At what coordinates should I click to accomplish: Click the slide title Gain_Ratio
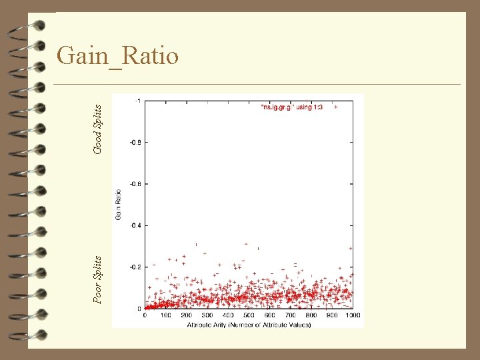[118, 56]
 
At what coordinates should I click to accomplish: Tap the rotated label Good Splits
[98, 129]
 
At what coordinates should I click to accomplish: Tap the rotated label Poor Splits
[98, 279]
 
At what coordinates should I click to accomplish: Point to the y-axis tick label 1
[138, 101]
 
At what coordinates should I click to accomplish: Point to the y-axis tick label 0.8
[135, 142]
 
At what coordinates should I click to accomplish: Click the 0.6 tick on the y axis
[135, 184]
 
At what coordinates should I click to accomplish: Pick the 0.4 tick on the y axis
[135, 225]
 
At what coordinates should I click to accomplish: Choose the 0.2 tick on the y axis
[135, 267]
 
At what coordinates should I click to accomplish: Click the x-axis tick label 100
[166, 315]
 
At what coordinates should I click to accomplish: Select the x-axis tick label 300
[207, 315]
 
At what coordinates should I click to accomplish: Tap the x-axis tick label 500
[249, 315]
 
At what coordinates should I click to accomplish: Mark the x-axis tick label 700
[291, 315]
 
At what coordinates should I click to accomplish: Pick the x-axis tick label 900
[332, 315]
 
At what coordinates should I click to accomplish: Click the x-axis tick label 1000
[353, 315]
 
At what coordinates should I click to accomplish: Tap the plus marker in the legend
[336, 107]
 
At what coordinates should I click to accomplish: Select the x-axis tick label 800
[311, 315]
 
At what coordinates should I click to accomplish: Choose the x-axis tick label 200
[187, 315]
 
